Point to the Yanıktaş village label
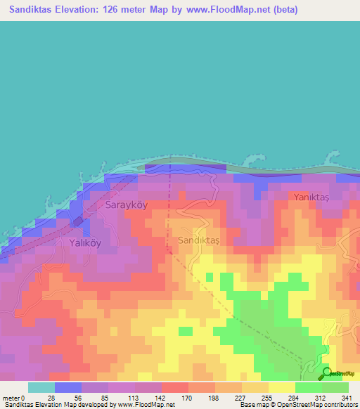[311, 197]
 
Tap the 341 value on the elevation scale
[347, 398]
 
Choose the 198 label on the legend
[214, 398]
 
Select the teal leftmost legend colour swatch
[41, 387]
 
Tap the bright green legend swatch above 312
[308, 387]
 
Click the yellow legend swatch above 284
[281, 387]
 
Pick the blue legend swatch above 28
[68, 387]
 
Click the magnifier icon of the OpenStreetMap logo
[326, 374]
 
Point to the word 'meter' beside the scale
[10, 398]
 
